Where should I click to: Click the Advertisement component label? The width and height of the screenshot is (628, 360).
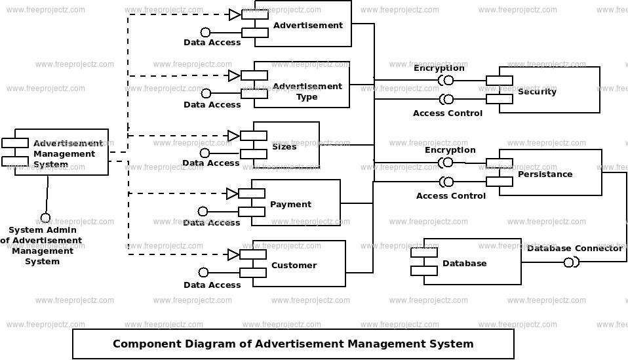coord(307,26)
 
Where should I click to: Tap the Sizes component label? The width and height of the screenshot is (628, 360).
coord(284,146)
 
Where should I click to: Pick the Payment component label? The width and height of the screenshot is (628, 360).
coord(290,204)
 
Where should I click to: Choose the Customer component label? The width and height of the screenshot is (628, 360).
coord(294,265)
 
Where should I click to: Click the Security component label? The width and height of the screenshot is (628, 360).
coord(537,91)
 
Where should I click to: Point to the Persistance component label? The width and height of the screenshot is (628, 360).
coord(545,174)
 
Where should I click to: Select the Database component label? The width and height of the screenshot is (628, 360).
coord(464,263)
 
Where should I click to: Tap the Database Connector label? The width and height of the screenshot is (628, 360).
coord(574,248)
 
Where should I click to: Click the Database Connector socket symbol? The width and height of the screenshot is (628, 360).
coord(571,262)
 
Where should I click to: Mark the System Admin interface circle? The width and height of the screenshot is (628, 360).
coord(45,217)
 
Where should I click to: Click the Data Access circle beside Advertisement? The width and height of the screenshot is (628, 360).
coord(205,31)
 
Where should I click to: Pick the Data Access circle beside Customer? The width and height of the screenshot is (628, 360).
coord(203,272)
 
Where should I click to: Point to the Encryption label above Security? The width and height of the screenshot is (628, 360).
coord(439,68)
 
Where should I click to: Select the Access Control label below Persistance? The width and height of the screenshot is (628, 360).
coord(451,195)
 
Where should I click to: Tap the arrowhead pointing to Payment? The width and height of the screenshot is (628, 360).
coord(232,193)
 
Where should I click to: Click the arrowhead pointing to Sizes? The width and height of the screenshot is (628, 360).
coord(233,136)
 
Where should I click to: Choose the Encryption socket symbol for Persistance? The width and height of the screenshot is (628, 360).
coord(447,162)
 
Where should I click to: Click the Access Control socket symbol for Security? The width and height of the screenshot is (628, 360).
coord(447,99)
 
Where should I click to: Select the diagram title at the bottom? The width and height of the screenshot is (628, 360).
coord(292,344)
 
